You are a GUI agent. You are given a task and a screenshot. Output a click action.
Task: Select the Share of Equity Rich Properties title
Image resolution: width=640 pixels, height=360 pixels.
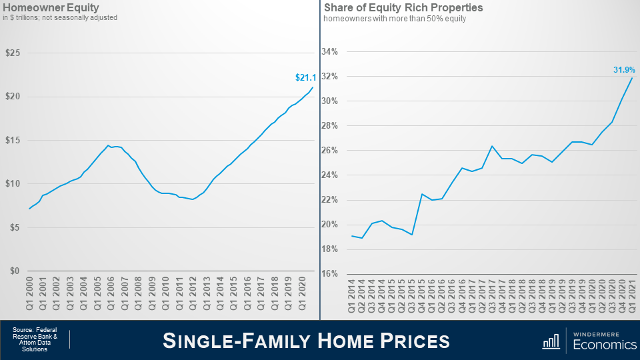tap(403, 8)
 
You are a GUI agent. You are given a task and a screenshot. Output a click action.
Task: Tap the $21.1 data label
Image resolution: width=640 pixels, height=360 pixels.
tap(304, 78)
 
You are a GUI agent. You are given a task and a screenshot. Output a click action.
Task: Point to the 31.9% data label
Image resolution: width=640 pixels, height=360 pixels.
tap(624, 69)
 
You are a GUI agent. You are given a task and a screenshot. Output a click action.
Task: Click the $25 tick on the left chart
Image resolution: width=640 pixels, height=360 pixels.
tap(13, 53)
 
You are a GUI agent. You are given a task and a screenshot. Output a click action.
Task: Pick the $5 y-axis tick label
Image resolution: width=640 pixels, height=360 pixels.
tap(15, 227)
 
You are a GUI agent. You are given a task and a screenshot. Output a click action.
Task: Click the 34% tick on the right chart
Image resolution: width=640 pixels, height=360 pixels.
tap(329, 52)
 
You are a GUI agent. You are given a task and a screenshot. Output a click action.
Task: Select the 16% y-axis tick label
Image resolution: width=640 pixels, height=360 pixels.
tap(329, 274)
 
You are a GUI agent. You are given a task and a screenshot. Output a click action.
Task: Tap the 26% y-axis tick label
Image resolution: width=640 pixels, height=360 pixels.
tap(329, 151)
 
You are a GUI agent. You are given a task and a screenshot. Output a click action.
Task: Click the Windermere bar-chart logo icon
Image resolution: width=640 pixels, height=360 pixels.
tap(551, 341)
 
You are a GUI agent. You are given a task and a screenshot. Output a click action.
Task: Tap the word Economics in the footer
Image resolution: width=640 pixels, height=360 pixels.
tap(605, 344)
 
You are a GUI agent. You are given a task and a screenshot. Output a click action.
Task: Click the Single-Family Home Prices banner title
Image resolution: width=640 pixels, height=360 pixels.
tap(307, 341)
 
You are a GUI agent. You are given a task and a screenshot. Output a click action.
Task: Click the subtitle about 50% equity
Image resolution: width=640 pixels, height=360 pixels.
tap(395, 19)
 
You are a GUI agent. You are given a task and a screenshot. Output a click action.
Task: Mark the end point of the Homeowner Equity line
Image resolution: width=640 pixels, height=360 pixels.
tap(312, 87)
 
